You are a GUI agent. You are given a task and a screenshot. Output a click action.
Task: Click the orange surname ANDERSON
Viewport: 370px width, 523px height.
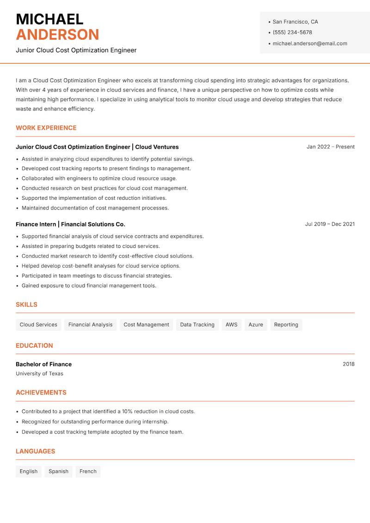57,35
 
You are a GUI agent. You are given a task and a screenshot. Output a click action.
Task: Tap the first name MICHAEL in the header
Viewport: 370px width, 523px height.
49,19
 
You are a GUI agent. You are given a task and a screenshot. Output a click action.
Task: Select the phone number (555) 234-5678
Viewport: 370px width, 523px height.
292,32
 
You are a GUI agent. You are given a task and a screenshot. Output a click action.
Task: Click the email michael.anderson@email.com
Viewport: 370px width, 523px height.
309,44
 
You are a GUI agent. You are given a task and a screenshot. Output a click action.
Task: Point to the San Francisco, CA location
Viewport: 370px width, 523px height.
295,22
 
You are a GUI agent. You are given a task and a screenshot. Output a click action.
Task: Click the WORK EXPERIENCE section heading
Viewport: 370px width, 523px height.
46,128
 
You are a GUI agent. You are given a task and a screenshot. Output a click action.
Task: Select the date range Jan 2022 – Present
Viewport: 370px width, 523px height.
330,147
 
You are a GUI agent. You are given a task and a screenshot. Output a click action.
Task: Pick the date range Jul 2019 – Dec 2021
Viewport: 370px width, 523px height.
330,224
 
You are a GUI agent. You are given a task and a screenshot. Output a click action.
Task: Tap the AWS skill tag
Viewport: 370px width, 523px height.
231,324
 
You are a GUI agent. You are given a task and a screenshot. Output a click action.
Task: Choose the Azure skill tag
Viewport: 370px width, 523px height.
256,324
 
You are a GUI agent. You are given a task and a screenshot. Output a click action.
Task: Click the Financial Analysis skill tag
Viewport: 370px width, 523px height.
90,324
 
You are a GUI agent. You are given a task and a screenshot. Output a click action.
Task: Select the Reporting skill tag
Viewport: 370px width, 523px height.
286,324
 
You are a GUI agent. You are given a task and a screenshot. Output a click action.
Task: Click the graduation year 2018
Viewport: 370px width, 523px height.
348,364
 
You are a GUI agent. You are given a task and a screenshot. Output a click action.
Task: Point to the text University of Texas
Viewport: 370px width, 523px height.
39,374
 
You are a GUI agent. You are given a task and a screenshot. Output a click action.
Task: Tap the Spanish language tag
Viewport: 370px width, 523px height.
58,471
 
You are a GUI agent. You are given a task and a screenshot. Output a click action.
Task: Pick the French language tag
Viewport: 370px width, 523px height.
88,471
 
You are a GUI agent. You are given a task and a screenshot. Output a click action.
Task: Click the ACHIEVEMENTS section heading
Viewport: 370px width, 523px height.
41,392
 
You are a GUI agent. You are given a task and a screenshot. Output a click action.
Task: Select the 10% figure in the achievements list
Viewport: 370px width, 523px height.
128,411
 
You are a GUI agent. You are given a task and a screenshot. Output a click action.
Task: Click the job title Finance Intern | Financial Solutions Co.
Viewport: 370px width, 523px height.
70,224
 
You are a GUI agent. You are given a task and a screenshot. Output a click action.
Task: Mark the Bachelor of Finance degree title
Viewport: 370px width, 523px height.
43,364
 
